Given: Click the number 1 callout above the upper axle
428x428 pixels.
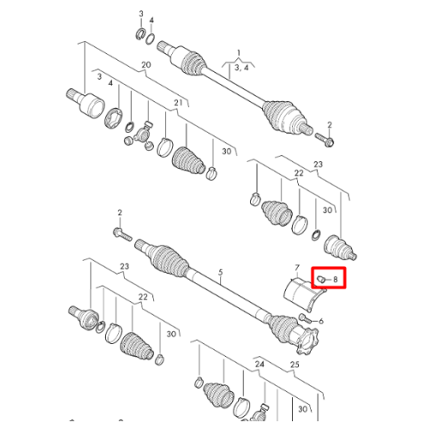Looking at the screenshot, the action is tap(239, 53).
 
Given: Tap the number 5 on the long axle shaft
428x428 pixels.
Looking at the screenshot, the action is tap(221, 272).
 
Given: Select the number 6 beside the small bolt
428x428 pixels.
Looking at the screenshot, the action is tap(321, 321).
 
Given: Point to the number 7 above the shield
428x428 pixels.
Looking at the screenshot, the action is tap(297, 268).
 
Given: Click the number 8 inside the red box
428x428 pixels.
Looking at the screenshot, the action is tap(336, 279).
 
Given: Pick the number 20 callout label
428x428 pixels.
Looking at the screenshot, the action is tap(146, 65).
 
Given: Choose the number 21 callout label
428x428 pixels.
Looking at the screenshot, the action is tap(178, 103).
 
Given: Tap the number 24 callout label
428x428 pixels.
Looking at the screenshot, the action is tap(259, 364).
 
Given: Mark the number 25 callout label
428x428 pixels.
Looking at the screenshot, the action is tap(294, 365).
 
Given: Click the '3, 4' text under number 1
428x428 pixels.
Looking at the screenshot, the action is tap(241, 68).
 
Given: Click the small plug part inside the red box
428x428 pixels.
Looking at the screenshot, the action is tap(322, 279).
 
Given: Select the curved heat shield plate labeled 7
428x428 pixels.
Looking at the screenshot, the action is tap(304, 294).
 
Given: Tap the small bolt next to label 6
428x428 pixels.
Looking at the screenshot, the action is tap(306, 318).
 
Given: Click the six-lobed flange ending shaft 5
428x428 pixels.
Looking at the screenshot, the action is tap(307, 342).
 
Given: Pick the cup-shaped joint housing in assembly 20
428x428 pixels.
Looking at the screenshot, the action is tap(86, 104).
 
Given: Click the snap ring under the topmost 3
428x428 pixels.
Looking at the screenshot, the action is tap(140, 34).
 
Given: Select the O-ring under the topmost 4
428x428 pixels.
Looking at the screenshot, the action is tap(151, 39).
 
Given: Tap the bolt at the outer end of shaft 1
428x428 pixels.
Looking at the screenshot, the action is tap(324, 139).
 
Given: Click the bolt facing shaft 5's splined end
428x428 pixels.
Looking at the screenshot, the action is tap(122, 234).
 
